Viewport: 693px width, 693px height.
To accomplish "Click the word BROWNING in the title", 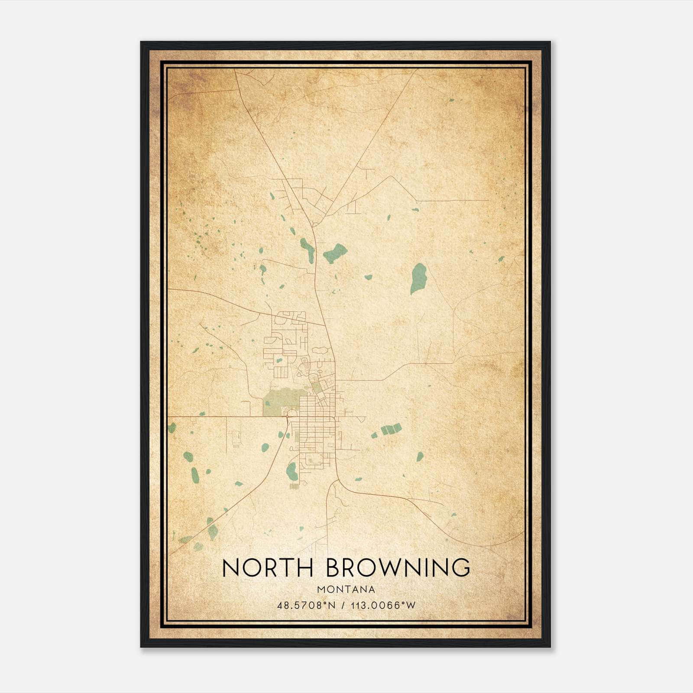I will coord(398,568).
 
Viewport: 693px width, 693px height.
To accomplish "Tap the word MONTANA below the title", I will coord(346,589).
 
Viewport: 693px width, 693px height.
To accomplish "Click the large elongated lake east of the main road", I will coord(418,278).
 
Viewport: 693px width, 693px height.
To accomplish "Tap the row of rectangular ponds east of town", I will coord(391,430).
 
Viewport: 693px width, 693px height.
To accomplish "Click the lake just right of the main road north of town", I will coord(335,253).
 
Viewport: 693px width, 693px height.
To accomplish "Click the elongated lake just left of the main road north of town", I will coord(308,250).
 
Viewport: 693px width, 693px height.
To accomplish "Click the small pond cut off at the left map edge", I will coord(172,428).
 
